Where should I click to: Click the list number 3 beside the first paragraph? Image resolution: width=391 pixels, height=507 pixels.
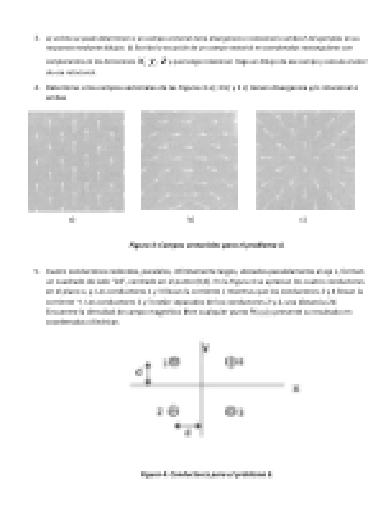tap(37, 38)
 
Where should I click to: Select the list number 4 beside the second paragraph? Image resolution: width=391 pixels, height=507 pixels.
tap(37, 87)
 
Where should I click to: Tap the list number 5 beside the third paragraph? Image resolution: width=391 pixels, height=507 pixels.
tap(37, 272)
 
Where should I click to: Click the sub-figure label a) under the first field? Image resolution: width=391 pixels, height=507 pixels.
tap(73, 220)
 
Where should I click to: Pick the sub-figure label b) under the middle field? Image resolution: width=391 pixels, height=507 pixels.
tap(190, 220)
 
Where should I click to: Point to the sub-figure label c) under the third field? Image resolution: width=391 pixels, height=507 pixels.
tap(303, 220)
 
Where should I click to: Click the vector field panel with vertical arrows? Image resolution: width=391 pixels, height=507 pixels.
tap(76, 161)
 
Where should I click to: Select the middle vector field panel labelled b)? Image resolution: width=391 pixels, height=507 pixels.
tap(189, 160)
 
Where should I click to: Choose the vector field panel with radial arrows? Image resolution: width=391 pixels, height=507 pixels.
tap(305, 160)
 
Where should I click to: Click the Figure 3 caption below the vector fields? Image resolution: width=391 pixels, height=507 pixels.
tap(206, 245)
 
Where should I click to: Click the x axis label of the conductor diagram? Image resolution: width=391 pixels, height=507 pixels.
tap(296, 389)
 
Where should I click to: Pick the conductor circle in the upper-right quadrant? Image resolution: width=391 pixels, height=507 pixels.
tap(230, 362)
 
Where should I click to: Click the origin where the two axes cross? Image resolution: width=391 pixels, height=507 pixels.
tap(202, 384)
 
